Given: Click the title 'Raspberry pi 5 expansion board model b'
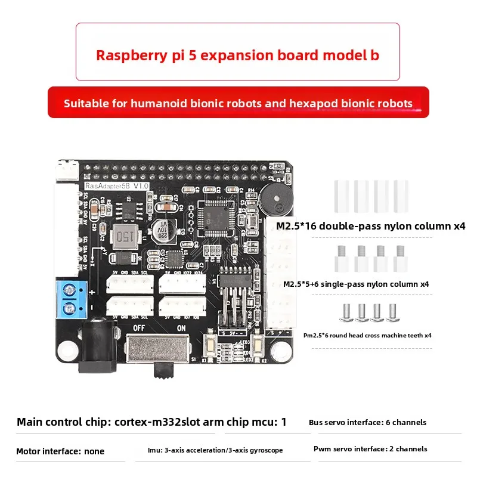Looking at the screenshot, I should [237, 55].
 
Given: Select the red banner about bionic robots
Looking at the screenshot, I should [238, 103].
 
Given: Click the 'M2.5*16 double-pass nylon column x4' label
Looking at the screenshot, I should [370, 226].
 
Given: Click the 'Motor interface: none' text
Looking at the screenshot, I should [60, 451].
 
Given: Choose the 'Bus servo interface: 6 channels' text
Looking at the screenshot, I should [367, 422].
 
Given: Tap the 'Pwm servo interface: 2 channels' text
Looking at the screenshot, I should [370, 448].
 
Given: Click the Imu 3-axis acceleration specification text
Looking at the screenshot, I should [215, 450].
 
